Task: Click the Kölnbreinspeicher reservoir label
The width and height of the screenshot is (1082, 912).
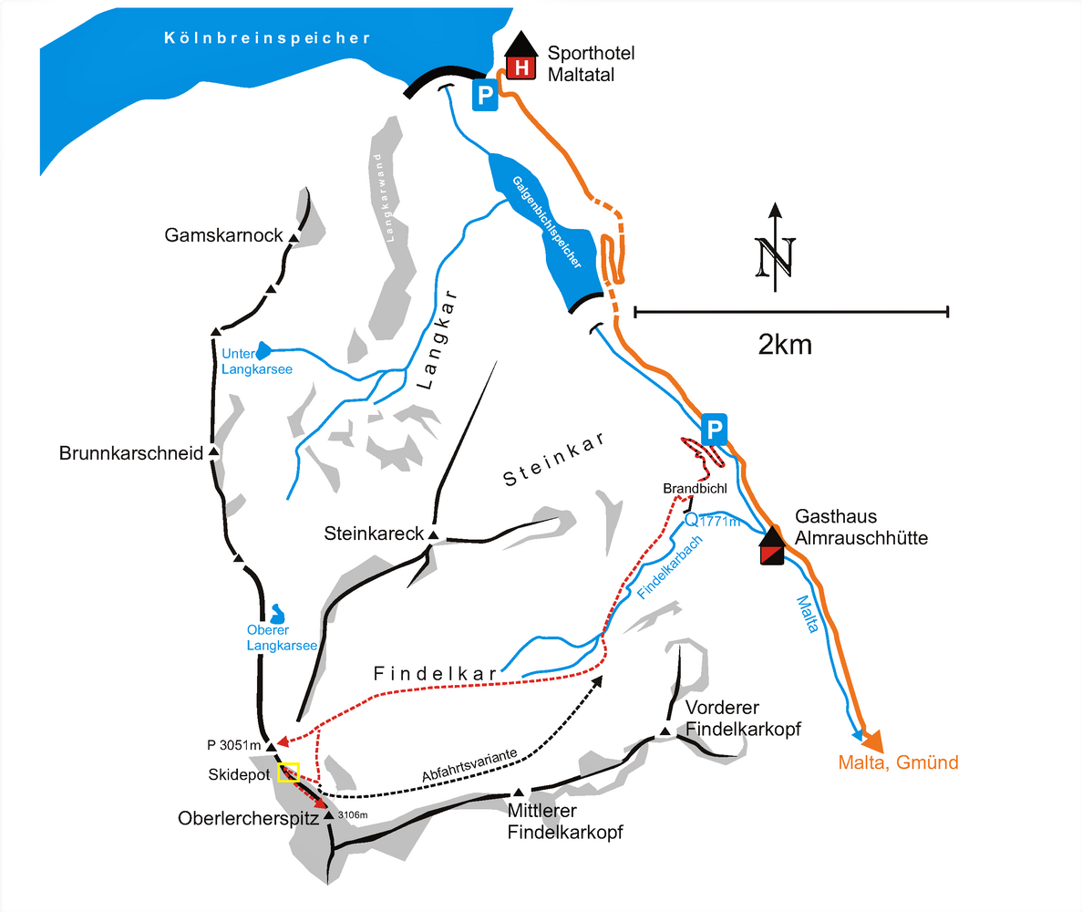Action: [267, 38]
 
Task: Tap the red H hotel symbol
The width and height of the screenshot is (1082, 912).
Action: [520, 67]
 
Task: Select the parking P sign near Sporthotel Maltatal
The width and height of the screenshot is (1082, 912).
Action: [485, 94]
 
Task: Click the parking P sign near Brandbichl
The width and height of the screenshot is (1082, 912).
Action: [715, 427]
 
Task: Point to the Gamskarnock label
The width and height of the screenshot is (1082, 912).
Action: [224, 236]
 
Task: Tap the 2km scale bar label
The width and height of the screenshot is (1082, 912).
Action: [785, 345]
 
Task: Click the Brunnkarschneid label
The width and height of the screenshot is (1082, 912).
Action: [130, 453]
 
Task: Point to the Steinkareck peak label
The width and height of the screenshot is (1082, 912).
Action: [373, 533]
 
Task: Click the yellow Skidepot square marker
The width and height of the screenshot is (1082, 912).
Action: [289, 772]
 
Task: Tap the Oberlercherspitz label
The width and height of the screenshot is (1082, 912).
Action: [248, 818]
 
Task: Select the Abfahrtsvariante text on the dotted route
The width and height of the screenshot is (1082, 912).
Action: [469, 764]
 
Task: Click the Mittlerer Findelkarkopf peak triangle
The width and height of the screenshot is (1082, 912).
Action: [519, 793]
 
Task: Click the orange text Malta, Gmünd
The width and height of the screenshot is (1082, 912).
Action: [898, 762]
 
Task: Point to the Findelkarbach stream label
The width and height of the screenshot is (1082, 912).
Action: [669, 566]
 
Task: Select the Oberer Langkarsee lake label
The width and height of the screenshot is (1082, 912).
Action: [281, 637]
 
